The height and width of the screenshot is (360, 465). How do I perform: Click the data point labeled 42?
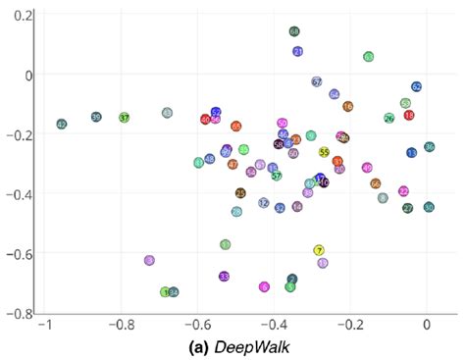(62, 125)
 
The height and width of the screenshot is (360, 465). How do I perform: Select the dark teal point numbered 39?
(96, 117)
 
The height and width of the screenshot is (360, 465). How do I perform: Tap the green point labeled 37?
(125, 118)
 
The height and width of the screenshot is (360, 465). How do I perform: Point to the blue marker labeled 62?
(416, 87)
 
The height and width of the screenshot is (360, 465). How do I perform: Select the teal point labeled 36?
(429, 147)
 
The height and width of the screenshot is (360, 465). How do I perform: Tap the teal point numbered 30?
(429, 207)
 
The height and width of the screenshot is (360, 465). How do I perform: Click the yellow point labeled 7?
(319, 251)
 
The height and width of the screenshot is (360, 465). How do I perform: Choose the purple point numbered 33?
(225, 277)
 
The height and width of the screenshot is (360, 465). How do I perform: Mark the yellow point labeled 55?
(324, 152)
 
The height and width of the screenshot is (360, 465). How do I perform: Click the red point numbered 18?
(409, 116)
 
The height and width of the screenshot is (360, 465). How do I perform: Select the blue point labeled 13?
(412, 153)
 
